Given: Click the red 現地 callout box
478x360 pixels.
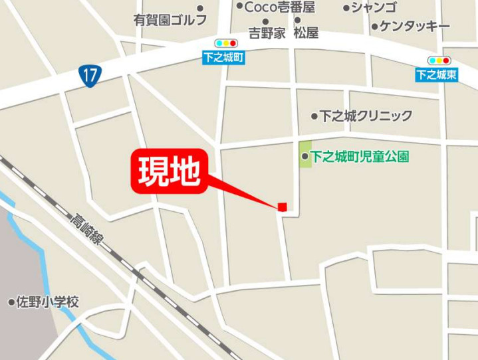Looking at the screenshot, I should [x=169, y=171].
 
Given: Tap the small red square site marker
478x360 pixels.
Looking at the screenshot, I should [x=283, y=207].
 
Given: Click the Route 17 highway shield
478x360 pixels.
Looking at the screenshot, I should [x=88, y=75].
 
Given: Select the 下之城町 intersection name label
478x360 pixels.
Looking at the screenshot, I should [x=224, y=58].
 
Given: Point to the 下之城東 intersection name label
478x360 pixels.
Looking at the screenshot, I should [x=437, y=75].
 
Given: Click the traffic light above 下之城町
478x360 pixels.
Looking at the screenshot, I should [x=225, y=44].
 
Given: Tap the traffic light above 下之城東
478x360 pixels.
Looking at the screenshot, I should [x=439, y=60].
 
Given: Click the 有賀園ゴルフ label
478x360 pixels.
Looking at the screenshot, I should [x=170, y=20].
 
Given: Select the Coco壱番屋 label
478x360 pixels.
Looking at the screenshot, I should [x=279, y=7].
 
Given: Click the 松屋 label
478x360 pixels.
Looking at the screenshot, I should [x=306, y=33].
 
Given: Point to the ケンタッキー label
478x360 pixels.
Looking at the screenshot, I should [x=414, y=27].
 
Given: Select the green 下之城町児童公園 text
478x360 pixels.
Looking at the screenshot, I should [x=360, y=157].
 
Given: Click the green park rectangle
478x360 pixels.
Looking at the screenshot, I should [x=304, y=154].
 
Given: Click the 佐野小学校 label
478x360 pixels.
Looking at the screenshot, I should [x=48, y=302].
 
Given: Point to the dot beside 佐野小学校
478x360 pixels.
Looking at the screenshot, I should [x=11, y=303].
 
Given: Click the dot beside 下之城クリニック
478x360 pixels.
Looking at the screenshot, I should [x=314, y=116].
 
